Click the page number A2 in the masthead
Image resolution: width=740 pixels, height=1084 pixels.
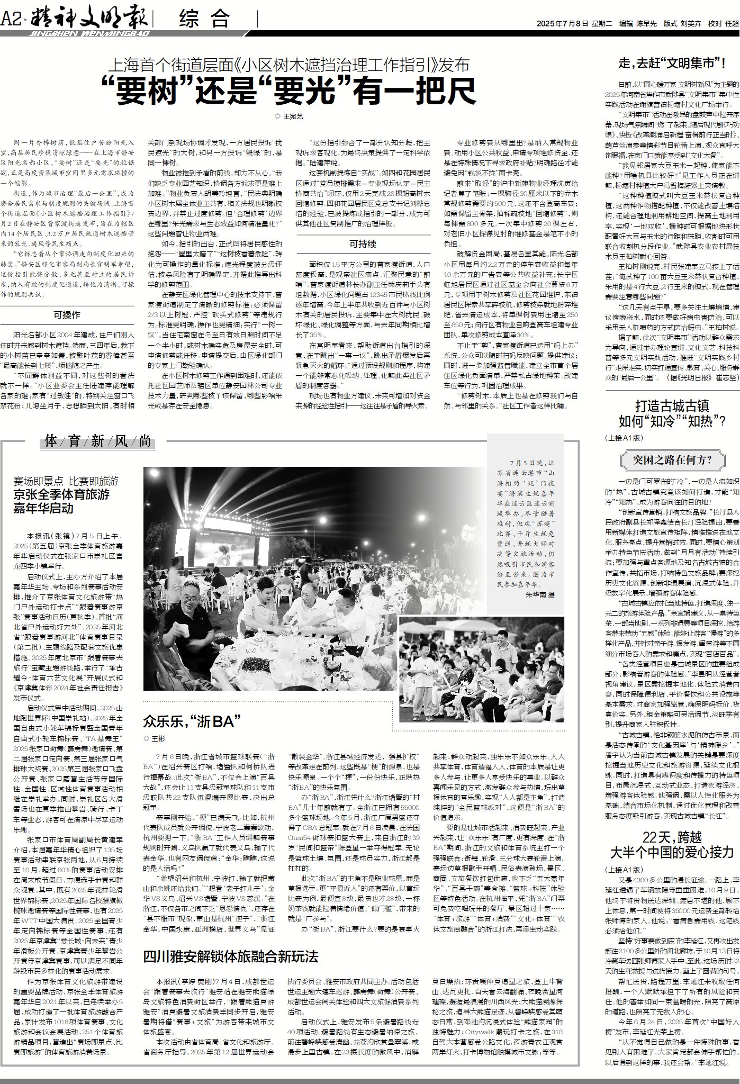11,20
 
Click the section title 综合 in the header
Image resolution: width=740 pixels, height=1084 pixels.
204,20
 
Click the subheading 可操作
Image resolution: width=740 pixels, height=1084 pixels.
67,315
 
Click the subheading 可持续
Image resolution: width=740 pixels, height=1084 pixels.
363,243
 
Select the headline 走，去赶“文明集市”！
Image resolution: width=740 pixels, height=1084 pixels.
672,64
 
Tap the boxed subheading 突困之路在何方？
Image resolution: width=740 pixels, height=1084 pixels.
672,459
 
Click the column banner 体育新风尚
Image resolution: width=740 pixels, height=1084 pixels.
98,440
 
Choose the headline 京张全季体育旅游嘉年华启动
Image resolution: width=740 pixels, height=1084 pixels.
61,501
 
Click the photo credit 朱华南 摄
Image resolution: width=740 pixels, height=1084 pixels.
540,594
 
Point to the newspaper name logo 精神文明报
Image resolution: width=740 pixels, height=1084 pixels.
89,20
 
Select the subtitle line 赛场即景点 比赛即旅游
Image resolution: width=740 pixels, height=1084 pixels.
66,481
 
